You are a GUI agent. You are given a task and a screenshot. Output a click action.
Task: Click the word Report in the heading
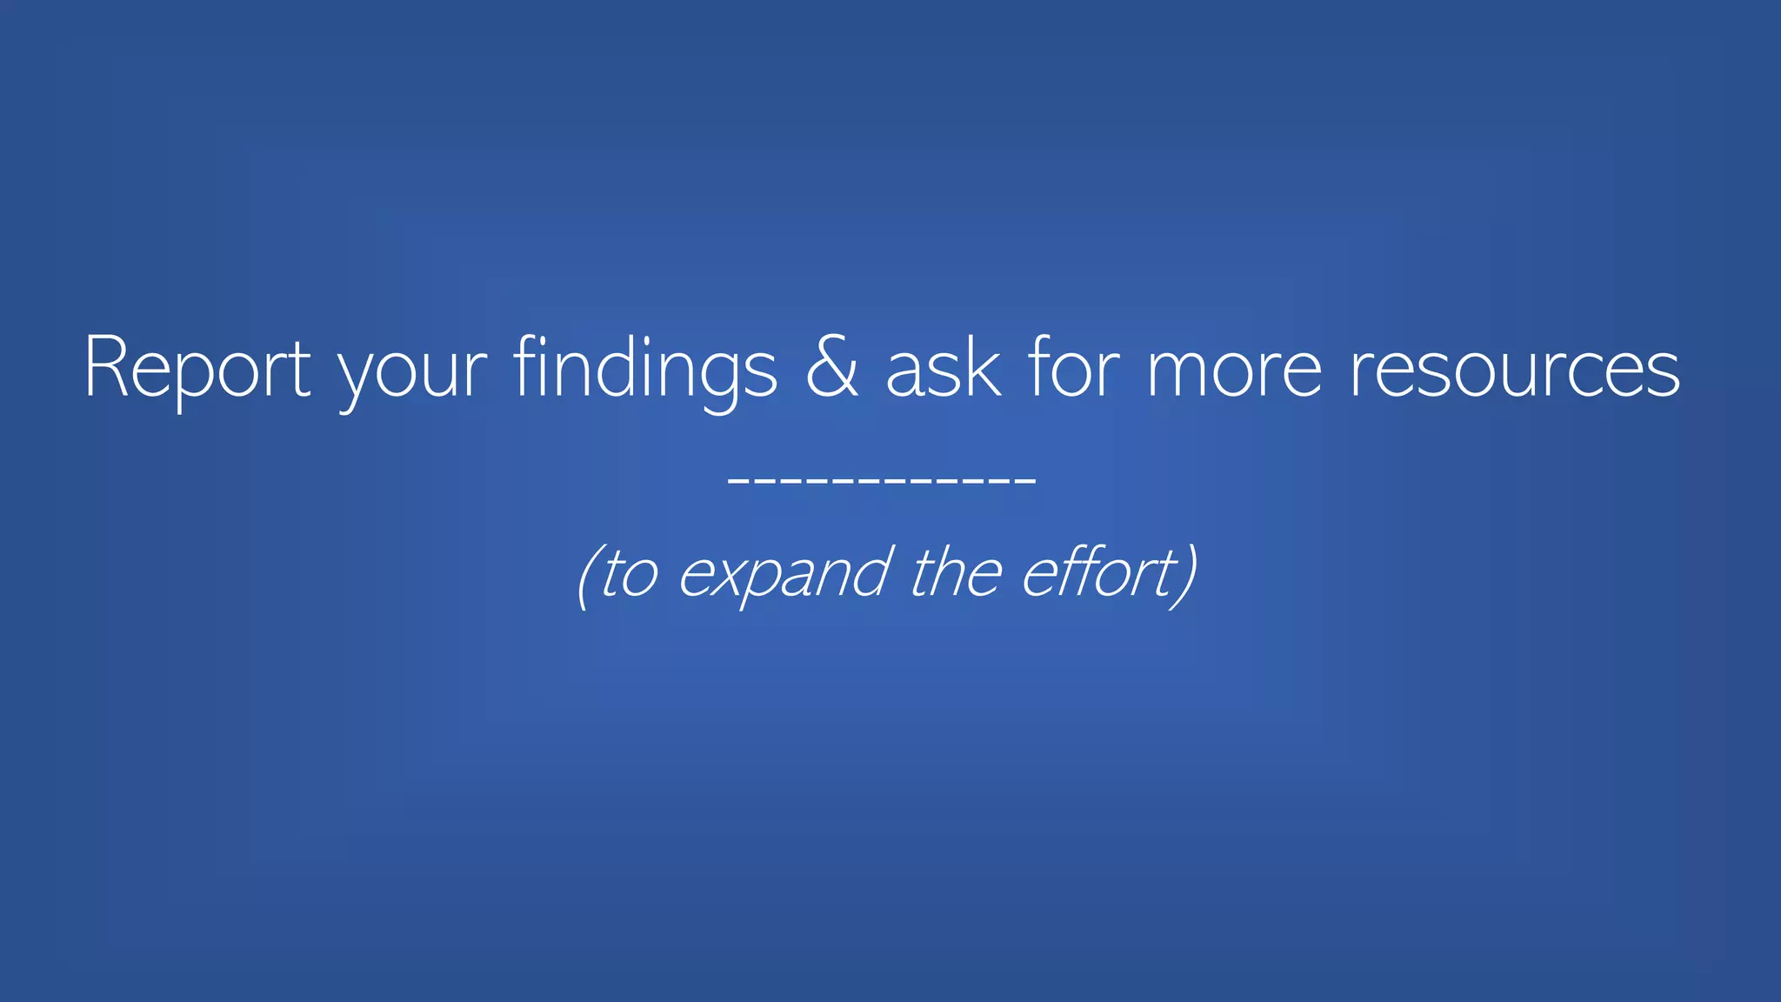tap(197, 369)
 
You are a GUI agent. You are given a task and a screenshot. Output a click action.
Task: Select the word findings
tap(644, 369)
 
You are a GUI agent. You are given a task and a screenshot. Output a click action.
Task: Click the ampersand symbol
tap(832, 367)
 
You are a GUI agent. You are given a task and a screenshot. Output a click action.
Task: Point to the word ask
tap(944, 369)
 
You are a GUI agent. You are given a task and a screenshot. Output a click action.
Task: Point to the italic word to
tap(628, 574)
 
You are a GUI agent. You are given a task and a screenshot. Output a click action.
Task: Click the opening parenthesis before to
tap(585, 576)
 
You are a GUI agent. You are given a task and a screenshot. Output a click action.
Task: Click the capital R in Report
tap(108, 367)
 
